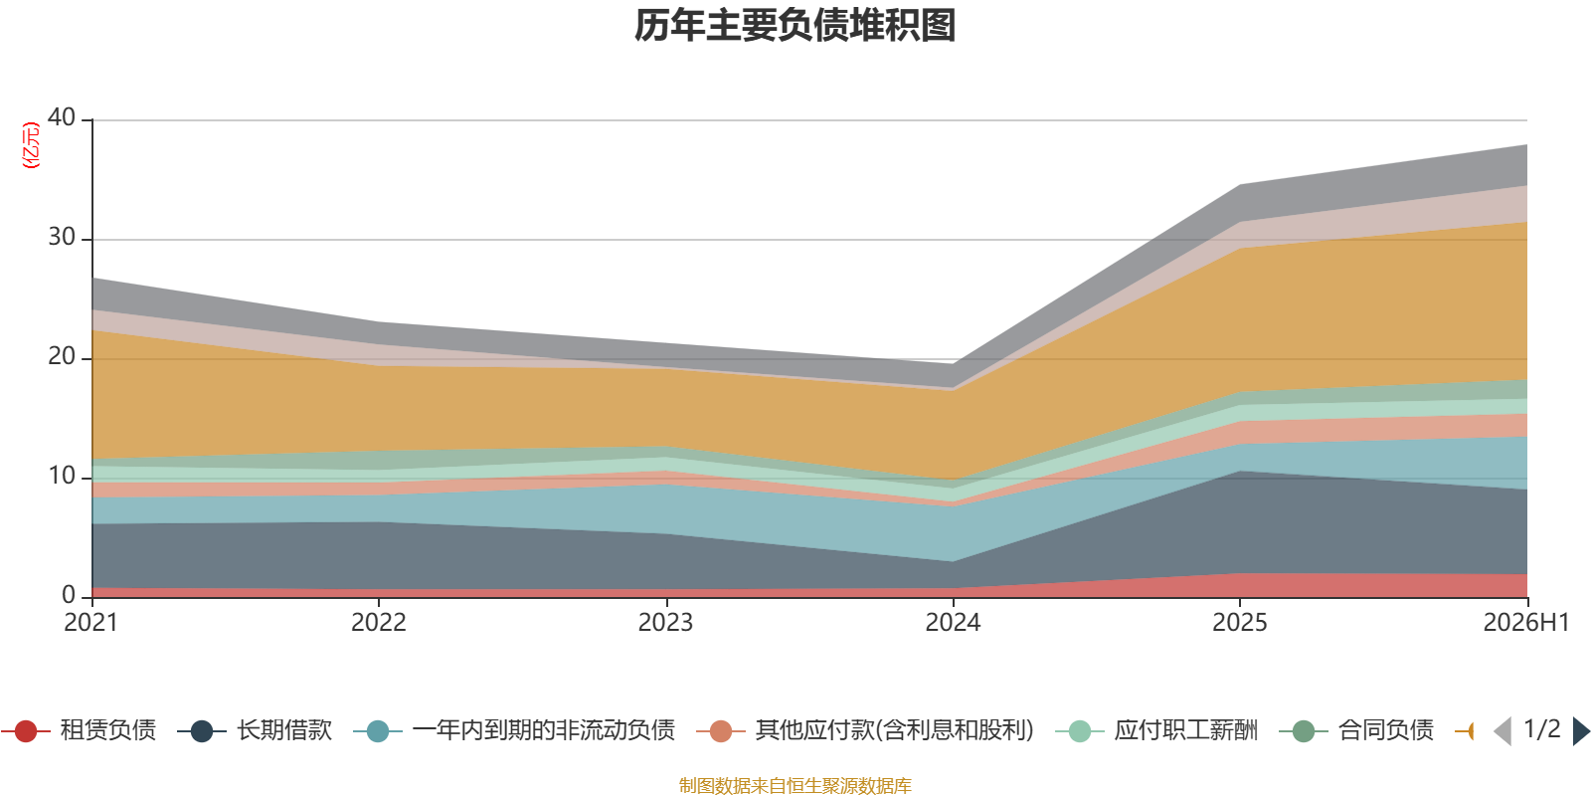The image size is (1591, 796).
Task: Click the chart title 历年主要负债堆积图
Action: (x=795, y=26)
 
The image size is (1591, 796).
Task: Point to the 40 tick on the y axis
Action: (x=61, y=117)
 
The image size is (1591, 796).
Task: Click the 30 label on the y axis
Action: (x=61, y=237)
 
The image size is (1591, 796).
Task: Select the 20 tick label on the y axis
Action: (x=61, y=356)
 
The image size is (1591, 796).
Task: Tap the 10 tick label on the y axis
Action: (x=61, y=476)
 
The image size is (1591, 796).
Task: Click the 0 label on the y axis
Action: (x=69, y=595)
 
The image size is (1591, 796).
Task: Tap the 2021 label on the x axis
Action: (x=90, y=623)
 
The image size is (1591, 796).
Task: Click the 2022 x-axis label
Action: (x=379, y=623)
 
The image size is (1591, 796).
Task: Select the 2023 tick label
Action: (x=665, y=623)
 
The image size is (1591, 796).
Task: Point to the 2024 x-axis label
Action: (x=953, y=623)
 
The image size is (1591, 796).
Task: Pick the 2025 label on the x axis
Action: (x=1239, y=623)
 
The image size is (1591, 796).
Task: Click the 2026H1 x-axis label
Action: (x=1526, y=623)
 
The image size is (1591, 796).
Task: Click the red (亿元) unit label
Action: (x=31, y=145)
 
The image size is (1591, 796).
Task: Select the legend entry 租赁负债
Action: (x=79, y=730)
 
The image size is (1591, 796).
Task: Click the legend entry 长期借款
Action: (x=255, y=730)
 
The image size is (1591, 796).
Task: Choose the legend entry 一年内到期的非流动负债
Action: (x=514, y=730)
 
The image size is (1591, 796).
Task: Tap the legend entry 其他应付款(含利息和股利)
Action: (x=865, y=730)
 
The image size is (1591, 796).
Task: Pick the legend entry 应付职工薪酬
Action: (x=1157, y=730)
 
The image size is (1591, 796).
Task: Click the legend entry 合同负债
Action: (x=1356, y=730)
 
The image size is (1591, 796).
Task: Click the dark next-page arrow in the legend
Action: (x=1581, y=730)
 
